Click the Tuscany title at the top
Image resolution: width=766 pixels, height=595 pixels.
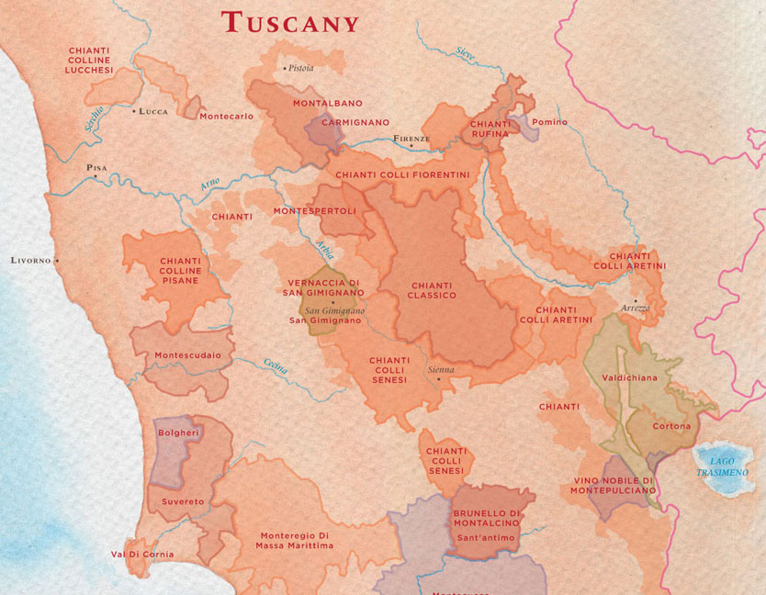coord(290,22)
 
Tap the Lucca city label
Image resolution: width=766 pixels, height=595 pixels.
coord(152,111)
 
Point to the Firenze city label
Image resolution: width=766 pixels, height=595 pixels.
coord(411,139)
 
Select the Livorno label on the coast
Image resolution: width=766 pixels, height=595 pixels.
coord(31,260)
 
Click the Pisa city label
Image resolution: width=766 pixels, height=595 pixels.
coord(96,168)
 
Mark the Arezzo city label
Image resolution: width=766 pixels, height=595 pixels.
coord(635,308)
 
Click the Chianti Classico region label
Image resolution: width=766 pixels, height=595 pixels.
coord(433,290)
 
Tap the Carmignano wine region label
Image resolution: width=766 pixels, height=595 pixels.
coord(355,122)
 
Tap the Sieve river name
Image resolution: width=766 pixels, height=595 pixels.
coord(466,55)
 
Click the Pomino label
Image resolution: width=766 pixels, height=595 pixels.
coord(549,122)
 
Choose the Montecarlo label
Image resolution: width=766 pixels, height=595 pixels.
coord(226,116)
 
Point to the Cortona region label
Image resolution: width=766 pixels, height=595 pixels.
coord(670,426)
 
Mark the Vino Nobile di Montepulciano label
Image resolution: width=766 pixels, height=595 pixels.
coord(613,485)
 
